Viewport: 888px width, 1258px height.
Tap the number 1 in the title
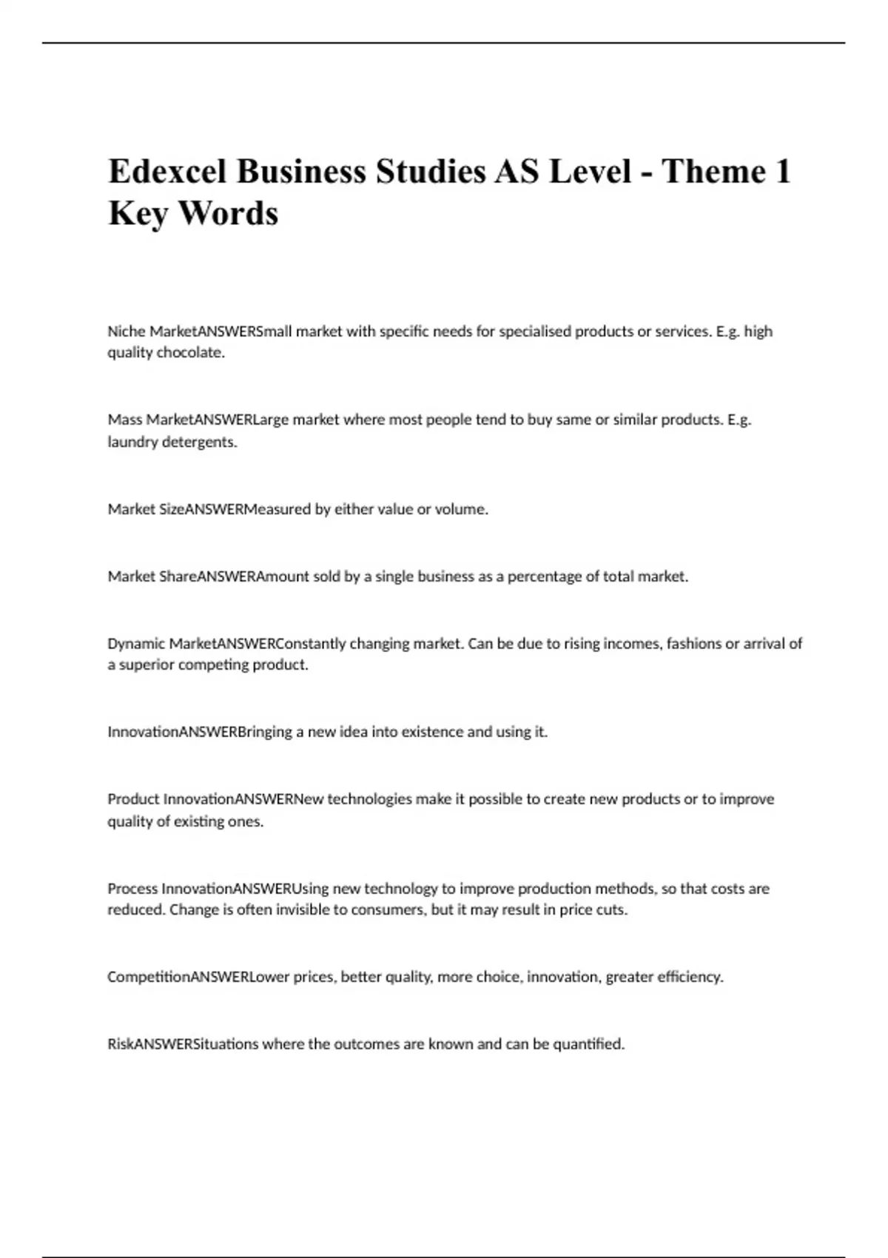pos(781,172)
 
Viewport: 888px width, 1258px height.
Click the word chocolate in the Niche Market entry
pos(190,353)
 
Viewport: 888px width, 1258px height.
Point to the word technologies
pos(369,799)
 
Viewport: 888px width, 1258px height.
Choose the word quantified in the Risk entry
pos(588,1044)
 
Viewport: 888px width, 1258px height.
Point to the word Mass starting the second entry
pos(124,420)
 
